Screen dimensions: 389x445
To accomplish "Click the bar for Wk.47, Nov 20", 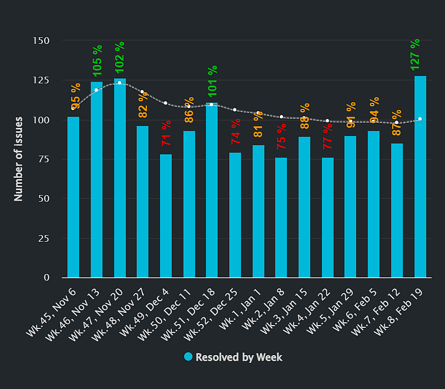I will click(x=120, y=178).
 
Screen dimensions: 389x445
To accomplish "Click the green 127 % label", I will click(x=415, y=54).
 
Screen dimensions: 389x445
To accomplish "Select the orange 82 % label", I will click(x=143, y=104).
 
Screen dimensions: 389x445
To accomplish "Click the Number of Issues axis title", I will click(x=18, y=158).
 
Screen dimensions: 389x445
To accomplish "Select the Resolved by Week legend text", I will click(x=239, y=357).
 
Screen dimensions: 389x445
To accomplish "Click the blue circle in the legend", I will click(x=188, y=357).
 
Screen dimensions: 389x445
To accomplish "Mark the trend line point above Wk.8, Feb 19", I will click(x=420, y=119).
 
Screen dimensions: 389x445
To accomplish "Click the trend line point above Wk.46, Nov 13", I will click(x=96, y=90).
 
